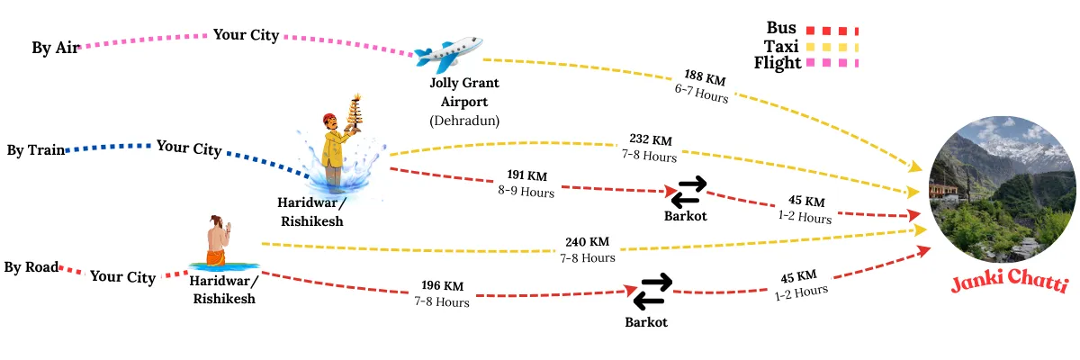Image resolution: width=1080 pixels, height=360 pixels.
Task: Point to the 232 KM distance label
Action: tap(650, 140)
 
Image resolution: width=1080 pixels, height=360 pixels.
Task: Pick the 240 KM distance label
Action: tap(587, 241)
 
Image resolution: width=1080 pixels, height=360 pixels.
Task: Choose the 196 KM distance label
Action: tap(442, 286)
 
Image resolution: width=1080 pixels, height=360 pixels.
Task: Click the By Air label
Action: tap(55, 48)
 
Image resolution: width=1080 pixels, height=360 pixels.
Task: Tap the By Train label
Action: tap(36, 150)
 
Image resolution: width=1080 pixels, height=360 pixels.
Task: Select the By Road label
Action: tap(31, 267)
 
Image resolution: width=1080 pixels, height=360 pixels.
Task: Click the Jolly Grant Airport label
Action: tap(463, 92)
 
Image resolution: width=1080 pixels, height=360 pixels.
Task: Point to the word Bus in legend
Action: tap(782, 28)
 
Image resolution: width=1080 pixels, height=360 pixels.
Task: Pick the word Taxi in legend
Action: tap(782, 46)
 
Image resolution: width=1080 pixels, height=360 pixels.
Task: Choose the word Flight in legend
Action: tap(778, 63)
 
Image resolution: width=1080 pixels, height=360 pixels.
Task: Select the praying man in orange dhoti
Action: tap(217, 243)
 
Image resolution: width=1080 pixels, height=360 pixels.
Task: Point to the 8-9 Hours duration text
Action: tap(526, 191)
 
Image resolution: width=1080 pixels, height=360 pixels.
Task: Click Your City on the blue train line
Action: tap(189, 147)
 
